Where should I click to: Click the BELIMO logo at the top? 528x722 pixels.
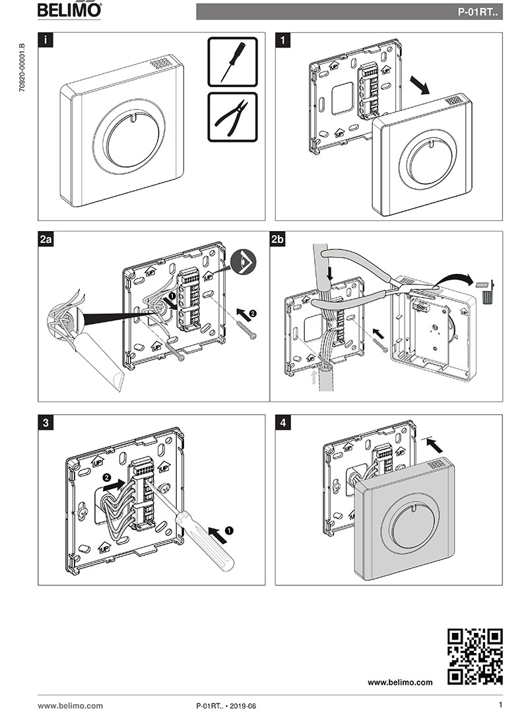(69, 11)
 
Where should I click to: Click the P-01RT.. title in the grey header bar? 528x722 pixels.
(478, 12)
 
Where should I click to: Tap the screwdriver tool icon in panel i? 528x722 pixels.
(232, 62)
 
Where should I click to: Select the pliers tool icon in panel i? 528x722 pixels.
(232, 117)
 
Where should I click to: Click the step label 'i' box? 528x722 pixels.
(45, 40)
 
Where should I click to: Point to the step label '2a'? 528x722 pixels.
(46, 241)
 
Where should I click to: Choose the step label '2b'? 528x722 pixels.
(279, 241)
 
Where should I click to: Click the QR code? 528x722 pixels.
(475, 656)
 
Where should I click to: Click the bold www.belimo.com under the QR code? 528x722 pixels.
(400, 682)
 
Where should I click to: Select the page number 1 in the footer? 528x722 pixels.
(500, 706)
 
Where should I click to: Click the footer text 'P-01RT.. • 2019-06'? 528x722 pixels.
(226, 706)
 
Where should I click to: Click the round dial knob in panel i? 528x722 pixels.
(129, 139)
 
